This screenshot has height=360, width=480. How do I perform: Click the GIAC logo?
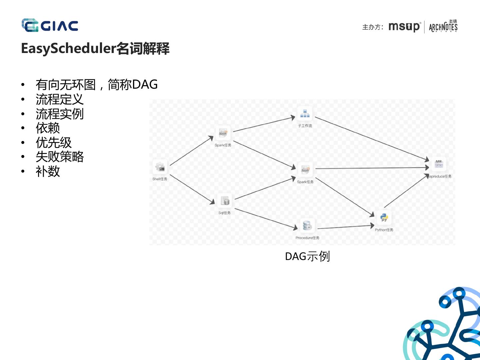[50, 26]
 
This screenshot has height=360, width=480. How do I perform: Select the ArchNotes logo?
[443, 26]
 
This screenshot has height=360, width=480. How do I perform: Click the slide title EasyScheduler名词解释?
[95, 49]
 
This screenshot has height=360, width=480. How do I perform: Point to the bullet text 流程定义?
[60, 99]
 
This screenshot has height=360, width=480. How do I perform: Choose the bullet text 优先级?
[54, 143]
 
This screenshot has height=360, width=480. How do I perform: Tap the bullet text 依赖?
[48, 128]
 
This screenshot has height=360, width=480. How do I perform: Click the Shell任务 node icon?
[160, 168]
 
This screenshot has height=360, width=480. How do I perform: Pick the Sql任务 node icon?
[225, 201]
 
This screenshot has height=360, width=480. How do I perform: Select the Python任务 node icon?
[384, 218]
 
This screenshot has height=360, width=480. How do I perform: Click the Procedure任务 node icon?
[307, 226]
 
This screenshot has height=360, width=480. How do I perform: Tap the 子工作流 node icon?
[305, 114]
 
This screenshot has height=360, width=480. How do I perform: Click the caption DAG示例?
[307, 257]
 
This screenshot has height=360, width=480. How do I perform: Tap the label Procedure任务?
[307, 238]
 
